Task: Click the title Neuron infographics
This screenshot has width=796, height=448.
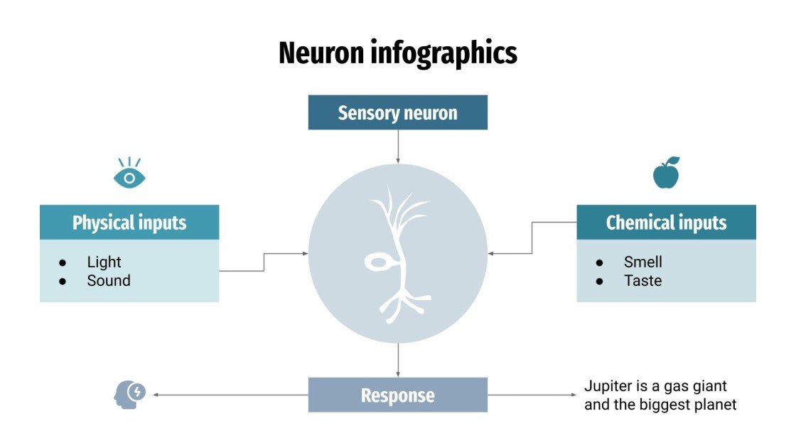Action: click(397, 53)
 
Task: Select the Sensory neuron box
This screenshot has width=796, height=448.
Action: click(397, 113)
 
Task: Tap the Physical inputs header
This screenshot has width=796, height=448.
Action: click(129, 223)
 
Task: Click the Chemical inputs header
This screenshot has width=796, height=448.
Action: click(666, 223)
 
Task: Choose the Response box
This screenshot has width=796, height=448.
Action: click(397, 395)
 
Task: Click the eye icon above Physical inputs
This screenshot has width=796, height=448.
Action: click(129, 174)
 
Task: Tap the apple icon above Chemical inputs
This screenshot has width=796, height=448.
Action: click(666, 174)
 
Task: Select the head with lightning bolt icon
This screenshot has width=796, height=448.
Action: click(129, 394)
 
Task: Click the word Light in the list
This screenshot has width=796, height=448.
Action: click(104, 262)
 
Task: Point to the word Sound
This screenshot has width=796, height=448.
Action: click(109, 281)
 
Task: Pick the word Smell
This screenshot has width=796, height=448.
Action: click(643, 262)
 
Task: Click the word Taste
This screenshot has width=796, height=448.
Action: click(643, 281)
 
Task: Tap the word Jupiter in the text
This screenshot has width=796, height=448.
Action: click(606, 387)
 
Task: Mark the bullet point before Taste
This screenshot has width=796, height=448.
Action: click(599, 282)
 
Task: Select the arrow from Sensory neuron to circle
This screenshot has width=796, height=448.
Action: click(398, 146)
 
